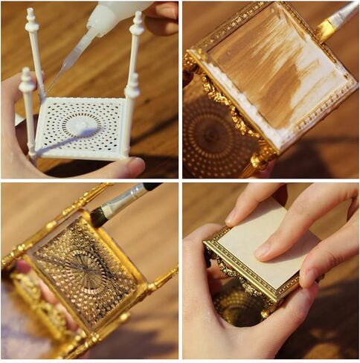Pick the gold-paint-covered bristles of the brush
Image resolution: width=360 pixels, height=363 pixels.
click(x=326, y=29)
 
